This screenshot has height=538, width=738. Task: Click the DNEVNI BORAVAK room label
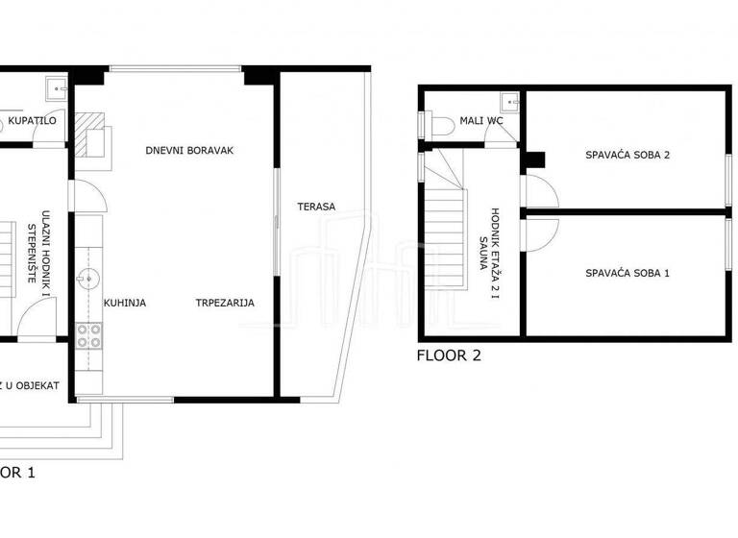pyautogui.click(x=190, y=151)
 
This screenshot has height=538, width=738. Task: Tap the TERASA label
pyautogui.click(x=315, y=207)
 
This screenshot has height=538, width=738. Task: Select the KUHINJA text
pyautogui.click(x=125, y=303)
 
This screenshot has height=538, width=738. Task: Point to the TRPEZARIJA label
pyautogui.click(x=225, y=303)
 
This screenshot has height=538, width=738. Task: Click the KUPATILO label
pyautogui.click(x=32, y=121)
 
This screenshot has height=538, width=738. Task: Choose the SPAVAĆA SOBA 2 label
pyautogui.click(x=627, y=155)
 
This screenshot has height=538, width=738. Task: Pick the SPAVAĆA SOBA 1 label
pyautogui.click(x=627, y=273)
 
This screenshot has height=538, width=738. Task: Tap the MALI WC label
pyautogui.click(x=481, y=121)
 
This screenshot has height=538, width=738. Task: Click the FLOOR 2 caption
pyautogui.click(x=449, y=355)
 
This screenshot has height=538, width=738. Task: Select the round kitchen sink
pyautogui.click(x=89, y=280)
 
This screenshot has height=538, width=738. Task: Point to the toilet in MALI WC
pyautogui.click(x=439, y=124)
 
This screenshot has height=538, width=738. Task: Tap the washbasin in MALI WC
pyautogui.click(x=508, y=100)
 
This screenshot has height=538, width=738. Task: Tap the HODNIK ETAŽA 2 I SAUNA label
pyautogui.click(x=489, y=252)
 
